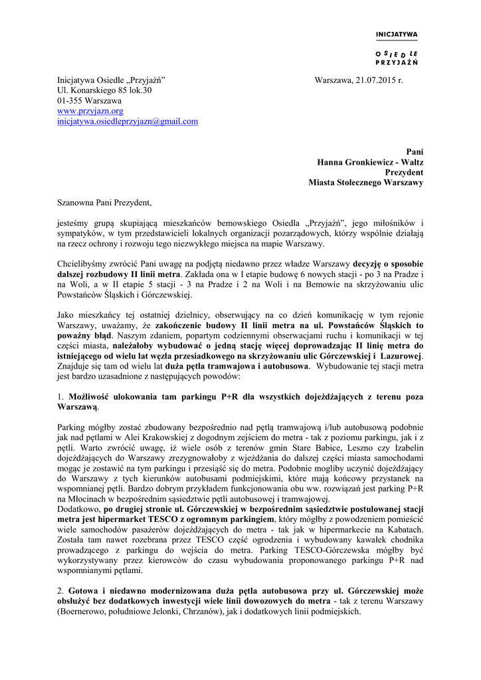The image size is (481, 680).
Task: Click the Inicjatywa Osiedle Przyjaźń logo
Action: (397, 47)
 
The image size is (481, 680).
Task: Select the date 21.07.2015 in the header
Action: (377, 80)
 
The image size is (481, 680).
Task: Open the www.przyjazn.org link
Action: (90, 112)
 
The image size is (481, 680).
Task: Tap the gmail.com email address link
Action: (128, 122)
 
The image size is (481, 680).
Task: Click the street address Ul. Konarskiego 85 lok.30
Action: (104, 91)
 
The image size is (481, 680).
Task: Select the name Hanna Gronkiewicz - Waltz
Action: (370, 161)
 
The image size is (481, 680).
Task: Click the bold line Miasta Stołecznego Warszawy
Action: (365, 183)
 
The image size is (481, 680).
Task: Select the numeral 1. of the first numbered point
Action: (60, 397)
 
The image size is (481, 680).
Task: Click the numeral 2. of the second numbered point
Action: (60, 590)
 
